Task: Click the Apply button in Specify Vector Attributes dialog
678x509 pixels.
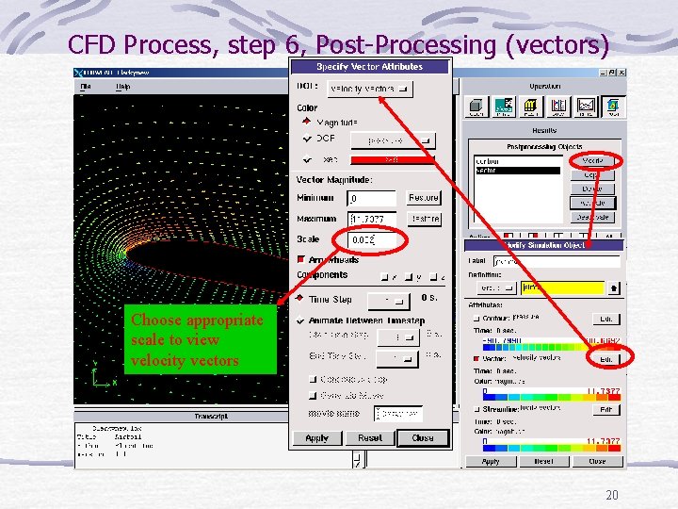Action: pos(317,438)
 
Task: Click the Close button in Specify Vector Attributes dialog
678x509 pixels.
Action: pos(423,438)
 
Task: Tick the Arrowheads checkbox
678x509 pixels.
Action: pos(302,260)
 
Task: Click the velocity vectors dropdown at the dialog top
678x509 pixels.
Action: pos(370,89)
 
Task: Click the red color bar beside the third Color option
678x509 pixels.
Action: pos(392,159)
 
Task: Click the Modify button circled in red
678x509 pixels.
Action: pos(593,161)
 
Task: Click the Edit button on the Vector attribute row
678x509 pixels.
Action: pos(606,359)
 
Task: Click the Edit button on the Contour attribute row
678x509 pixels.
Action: pos(606,319)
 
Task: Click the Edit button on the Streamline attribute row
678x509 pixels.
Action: pos(606,410)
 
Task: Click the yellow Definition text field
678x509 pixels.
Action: pos(561,287)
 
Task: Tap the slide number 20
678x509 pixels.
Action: pos(612,496)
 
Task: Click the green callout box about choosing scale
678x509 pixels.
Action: pos(200,340)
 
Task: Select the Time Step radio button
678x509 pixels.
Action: pos(302,299)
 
